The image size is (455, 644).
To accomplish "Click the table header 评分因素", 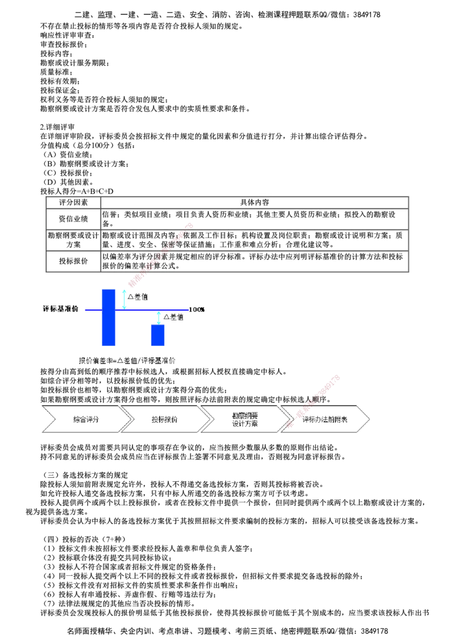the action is [x=73, y=202].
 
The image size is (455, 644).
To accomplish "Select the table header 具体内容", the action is [x=255, y=202].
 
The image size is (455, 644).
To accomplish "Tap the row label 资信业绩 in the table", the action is [x=73, y=218].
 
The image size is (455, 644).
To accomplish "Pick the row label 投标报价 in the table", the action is [x=73, y=261].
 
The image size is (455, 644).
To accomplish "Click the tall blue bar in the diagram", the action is [x=109, y=317].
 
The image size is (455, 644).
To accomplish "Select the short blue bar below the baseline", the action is [x=158, y=335].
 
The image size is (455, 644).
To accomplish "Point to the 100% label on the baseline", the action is [x=197, y=309].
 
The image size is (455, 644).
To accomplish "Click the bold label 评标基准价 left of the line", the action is [x=61, y=309].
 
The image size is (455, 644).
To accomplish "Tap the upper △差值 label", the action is [x=138, y=296].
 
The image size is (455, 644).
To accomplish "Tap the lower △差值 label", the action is [x=173, y=317].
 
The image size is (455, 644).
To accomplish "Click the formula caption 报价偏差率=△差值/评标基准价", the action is [x=127, y=361].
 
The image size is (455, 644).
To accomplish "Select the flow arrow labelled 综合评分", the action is [x=86, y=419].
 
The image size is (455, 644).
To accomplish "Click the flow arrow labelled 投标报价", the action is [x=165, y=419].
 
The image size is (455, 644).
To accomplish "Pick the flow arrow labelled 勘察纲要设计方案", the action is [x=245, y=419].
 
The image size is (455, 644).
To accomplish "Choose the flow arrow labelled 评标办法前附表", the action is [x=325, y=419].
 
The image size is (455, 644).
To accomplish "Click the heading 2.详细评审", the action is [x=57, y=127].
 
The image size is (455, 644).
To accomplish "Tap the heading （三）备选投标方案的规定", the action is [x=86, y=475].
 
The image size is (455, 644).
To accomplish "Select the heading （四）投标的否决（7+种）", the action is [x=85, y=539].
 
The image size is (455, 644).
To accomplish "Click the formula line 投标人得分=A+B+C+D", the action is [x=77, y=191].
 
